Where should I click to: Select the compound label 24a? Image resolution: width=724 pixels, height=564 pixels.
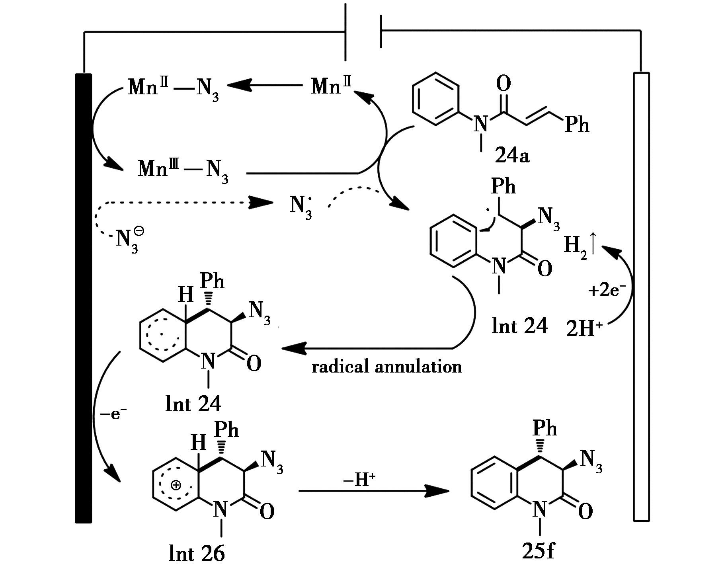tap(512, 156)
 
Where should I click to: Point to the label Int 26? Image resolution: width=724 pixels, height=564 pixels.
tap(197, 553)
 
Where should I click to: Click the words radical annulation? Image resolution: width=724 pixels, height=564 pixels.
tap(386, 367)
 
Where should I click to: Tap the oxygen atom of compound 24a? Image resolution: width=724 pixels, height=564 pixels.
tap(503, 84)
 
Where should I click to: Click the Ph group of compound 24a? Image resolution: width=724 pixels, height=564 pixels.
tap(577, 125)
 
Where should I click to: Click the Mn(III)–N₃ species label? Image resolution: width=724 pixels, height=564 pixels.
tap(183, 170)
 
